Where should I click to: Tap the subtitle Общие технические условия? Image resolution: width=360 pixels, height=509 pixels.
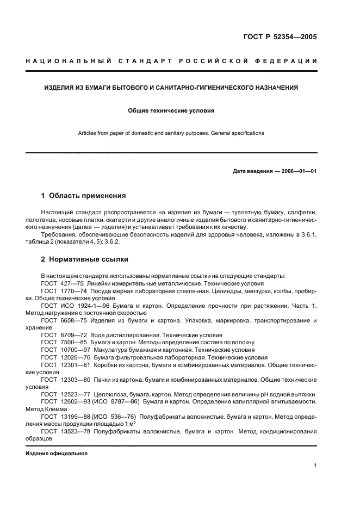tap(171, 110)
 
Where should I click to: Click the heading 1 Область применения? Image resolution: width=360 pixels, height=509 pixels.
tap(84, 195)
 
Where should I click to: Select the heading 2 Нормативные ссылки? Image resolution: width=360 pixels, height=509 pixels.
tap(84, 259)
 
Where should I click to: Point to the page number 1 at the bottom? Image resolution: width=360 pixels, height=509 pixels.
tap(315, 465)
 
